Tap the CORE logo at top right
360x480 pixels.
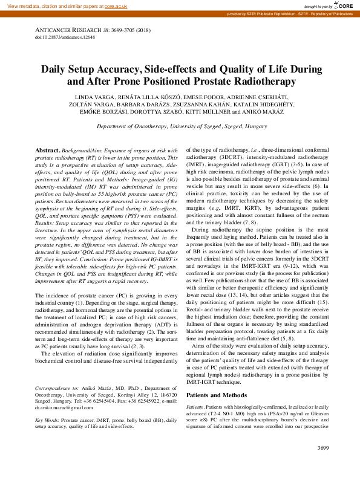342,5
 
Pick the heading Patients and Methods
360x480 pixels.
214,395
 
